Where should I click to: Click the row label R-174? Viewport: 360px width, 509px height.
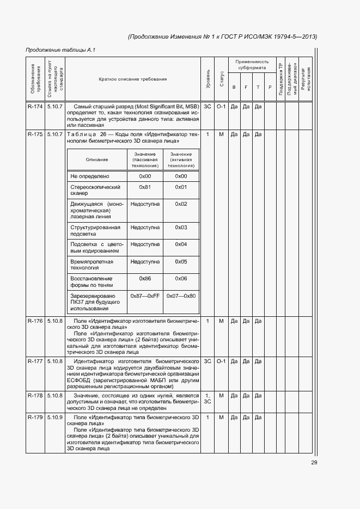point(35,106)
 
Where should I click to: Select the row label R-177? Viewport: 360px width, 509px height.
point(35,361)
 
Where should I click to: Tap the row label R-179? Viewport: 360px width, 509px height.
point(35,417)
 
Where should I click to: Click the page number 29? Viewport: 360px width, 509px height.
point(314,463)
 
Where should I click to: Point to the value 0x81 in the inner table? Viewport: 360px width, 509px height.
point(145,187)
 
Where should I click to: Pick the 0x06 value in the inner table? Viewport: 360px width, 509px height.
point(181,278)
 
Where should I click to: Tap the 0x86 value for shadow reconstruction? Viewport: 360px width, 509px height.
point(145,278)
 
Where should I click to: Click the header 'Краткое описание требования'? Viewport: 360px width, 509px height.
point(133,79)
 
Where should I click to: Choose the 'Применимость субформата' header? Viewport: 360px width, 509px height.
point(252,65)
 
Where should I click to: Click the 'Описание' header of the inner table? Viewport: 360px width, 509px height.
point(97,160)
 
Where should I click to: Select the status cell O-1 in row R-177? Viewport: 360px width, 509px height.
point(221,361)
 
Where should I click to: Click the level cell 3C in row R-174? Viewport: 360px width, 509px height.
point(208,106)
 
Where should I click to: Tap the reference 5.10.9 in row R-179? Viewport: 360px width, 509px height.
point(55,417)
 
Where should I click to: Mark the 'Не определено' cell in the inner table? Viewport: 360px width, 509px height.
point(90,176)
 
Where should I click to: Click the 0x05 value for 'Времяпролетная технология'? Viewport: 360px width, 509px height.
point(181,262)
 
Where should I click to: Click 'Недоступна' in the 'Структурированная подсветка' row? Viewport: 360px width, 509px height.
point(145,227)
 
